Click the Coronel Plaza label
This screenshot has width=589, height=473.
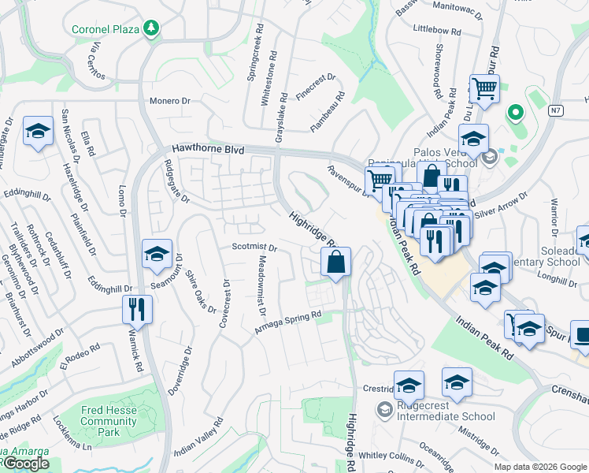click(x=104, y=29)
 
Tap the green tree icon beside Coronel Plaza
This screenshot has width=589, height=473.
click(x=150, y=29)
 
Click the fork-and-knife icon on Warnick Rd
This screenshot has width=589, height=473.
click(x=138, y=310)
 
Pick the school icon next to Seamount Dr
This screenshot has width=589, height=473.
click(x=157, y=255)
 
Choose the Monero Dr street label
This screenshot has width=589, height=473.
click(x=171, y=101)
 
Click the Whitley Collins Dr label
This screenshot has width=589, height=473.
click(x=391, y=455)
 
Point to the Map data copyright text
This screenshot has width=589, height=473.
click(x=540, y=467)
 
